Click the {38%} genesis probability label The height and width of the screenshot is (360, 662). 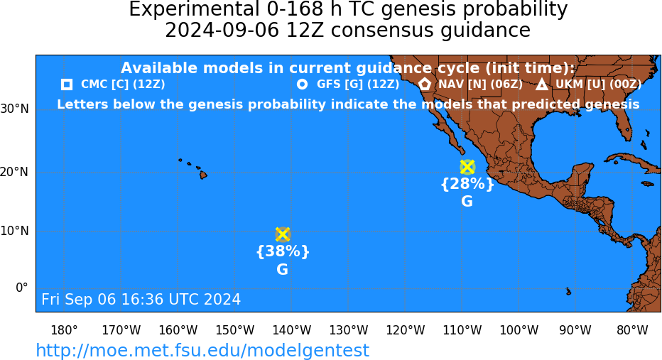(x=283, y=251)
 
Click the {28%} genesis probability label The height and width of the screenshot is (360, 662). (x=467, y=184)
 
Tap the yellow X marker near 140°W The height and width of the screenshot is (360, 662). (x=283, y=234)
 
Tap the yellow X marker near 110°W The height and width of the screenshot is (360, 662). (x=467, y=167)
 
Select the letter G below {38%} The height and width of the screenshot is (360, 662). (x=283, y=269)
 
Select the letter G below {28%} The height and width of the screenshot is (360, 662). (x=467, y=202)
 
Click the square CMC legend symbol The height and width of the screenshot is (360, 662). (x=67, y=84)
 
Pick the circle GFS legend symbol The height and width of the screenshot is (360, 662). (x=303, y=84)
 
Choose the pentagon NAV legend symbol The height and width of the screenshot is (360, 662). (x=425, y=84)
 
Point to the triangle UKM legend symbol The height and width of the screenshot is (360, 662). (x=542, y=84)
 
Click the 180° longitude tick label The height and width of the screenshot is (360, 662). (x=64, y=330)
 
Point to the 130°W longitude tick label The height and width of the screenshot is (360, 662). (x=348, y=330)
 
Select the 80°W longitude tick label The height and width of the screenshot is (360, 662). (x=632, y=330)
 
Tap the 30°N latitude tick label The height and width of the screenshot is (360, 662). (x=15, y=109)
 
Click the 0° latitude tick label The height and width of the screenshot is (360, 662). (x=22, y=288)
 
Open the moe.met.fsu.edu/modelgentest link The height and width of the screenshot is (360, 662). (x=202, y=350)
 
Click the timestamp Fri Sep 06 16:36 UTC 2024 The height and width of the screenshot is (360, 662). (x=141, y=299)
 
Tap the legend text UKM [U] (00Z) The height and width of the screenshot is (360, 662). (x=599, y=84)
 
